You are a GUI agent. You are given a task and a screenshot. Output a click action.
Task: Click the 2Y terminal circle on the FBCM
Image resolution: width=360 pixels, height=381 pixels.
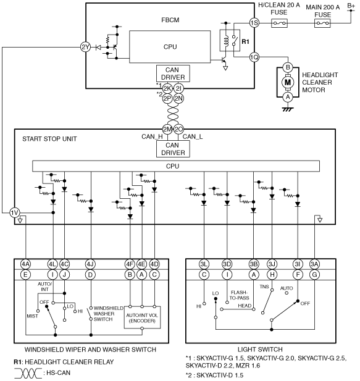[x=85, y=47]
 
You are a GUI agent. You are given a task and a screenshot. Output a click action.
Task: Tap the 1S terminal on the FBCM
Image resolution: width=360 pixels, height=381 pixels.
[x=254, y=23]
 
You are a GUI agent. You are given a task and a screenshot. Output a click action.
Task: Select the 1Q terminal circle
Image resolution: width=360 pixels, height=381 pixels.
[x=254, y=57]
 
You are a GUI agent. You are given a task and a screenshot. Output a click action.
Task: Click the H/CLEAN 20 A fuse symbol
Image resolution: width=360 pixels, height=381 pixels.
[x=279, y=23]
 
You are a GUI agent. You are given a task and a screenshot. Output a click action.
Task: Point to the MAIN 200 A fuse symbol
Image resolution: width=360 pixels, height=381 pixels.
[x=322, y=23]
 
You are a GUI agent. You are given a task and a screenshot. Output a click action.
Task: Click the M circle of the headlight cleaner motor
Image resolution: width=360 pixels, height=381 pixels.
[x=288, y=82]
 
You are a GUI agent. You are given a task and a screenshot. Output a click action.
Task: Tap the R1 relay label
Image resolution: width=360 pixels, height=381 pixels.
[x=245, y=42]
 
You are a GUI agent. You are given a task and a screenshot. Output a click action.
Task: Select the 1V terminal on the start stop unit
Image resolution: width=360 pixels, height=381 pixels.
[x=15, y=213]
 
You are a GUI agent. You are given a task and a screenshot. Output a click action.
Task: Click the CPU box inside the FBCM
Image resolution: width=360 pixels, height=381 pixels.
[x=170, y=47]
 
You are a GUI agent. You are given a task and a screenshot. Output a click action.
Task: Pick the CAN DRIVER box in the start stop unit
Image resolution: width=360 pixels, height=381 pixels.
[x=173, y=149]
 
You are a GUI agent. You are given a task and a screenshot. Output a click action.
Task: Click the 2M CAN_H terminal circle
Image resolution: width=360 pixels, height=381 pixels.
[x=167, y=129]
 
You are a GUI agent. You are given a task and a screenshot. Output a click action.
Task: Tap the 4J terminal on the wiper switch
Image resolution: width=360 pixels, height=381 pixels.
[x=90, y=264]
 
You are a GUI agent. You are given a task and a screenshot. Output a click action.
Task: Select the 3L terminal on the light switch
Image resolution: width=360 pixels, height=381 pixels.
[x=204, y=264]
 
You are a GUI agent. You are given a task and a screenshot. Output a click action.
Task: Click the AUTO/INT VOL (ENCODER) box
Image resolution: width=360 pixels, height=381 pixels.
[x=142, y=317]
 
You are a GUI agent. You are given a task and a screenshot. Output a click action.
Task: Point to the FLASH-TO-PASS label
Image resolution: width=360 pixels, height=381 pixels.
[x=240, y=295]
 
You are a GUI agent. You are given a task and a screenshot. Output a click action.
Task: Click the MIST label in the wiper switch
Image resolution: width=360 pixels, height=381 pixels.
[x=32, y=316]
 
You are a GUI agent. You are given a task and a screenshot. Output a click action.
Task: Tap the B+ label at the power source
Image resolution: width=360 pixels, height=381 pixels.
[x=351, y=6]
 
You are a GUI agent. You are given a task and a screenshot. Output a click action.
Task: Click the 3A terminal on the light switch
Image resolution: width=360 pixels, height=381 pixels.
[x=314, y=264]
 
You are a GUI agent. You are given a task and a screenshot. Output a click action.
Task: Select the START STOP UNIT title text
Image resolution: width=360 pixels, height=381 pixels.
[x=49, y=139]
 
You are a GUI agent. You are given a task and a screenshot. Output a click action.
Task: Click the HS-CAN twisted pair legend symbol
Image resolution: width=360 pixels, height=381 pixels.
[x=28, y=373]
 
